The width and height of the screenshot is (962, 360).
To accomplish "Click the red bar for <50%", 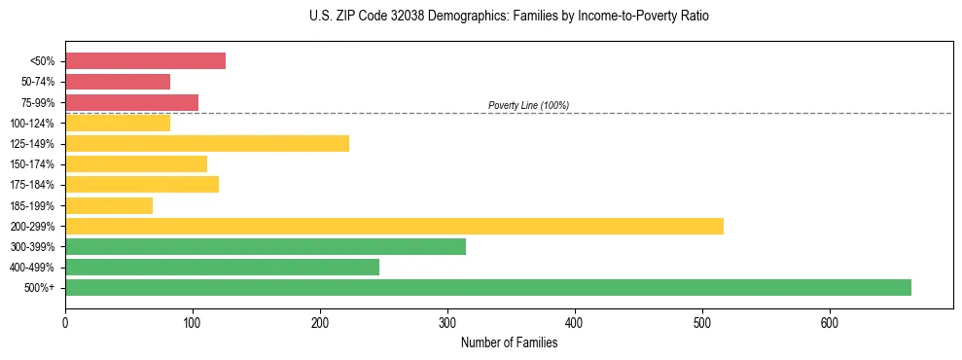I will (145, 61).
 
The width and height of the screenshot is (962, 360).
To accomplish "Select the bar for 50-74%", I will (118, 82).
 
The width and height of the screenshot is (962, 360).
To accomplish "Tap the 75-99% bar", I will (131, 102).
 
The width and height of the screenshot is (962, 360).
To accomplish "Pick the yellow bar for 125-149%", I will (207, 144).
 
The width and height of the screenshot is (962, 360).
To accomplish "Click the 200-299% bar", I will (394, 226).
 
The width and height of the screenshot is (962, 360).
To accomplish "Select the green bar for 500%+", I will (488, 287).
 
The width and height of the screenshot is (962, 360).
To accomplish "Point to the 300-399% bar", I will (266, 246).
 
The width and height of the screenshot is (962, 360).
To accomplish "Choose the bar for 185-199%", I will (109, 205).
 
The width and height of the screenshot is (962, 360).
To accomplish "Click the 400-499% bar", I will (222, 267).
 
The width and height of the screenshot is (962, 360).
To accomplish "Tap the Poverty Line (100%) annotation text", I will (528, 105).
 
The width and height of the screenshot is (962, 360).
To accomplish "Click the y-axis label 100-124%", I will (32, 124).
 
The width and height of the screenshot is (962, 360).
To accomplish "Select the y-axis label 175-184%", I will (32, 185).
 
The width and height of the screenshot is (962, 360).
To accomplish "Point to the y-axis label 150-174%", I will (32, 164).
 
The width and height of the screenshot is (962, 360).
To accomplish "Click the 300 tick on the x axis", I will (447, 323).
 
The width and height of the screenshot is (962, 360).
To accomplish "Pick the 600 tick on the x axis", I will (830, 323).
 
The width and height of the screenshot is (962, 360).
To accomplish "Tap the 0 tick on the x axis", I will (65, 323).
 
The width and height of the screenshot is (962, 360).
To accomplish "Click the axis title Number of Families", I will (509, 342).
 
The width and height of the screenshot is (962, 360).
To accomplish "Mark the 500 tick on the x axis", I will (702, 323).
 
